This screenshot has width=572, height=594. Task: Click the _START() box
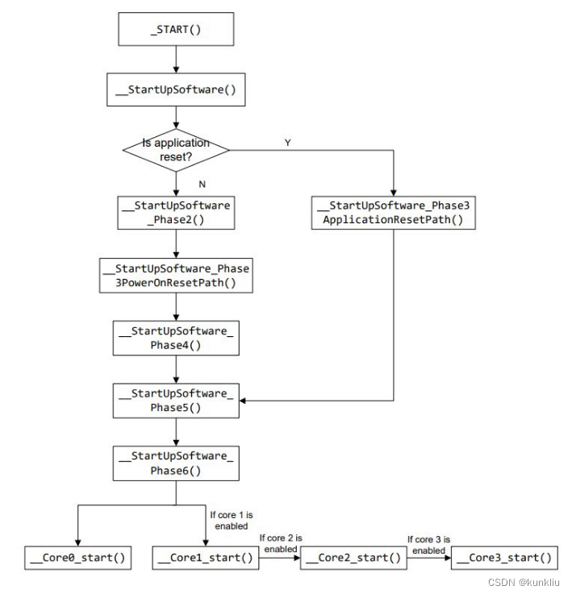[176, 29]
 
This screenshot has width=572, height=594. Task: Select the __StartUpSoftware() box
[176, 90]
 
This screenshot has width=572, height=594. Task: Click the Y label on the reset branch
[288, 142]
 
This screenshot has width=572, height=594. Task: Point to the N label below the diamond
[202, 184]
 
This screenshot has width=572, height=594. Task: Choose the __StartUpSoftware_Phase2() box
[176, 212]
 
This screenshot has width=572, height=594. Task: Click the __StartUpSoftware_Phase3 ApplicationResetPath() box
[393, 213]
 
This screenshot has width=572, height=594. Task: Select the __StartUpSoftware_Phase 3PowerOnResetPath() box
[176, 276]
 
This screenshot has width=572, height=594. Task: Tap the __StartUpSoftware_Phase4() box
[176, 338]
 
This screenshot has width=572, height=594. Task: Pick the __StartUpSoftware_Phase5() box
[176, 400]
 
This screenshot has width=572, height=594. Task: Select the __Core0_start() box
[78, 558]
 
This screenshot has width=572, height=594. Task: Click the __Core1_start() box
[206, 558]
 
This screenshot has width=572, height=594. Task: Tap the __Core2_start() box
[353, 558]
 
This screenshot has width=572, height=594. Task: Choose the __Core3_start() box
[505, 558]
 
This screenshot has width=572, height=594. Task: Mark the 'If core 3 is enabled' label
[428, 545]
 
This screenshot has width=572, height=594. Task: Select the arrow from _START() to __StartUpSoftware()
[176, 60]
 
